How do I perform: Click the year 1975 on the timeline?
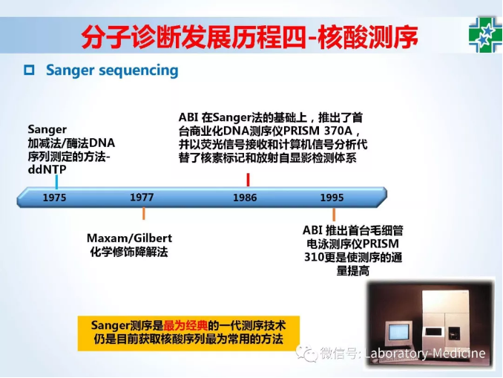[x=55, y=198]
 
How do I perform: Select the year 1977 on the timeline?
[x=142, y=198]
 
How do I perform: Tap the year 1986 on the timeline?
[x=245, y=198]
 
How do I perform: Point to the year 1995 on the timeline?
[x=332, y=198]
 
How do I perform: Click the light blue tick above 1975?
[x=57, y=182]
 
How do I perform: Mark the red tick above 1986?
[x=248, y=180]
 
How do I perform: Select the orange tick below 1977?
[x=144, y=214]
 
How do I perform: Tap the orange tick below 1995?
[x=334, y=215]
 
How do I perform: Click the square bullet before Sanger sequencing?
[x=29, y=70]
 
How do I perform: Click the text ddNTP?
[x=47, y=169]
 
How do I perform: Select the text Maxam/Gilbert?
[x=129, y=238]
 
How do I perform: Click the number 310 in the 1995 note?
[x=313, y=258]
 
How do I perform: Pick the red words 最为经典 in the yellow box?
[x=185, y=326]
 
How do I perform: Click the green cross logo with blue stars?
[x=485, y=35]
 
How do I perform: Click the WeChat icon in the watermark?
[x=306, y=353]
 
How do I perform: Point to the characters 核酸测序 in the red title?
[x=368, y=36]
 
